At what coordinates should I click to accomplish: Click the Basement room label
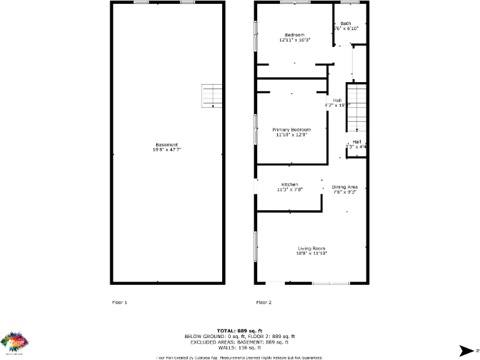click(167, 145)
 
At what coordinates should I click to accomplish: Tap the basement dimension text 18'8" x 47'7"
click(167, 150)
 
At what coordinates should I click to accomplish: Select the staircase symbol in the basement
click(211, 95)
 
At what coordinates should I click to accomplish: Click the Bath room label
click(346, 23)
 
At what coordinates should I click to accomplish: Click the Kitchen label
click(289, 184)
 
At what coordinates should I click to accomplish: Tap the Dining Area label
click(344, 187)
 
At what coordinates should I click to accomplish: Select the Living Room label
click(312, 248)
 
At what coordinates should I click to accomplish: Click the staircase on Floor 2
click(356, 107)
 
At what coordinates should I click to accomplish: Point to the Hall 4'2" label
click(337, 100)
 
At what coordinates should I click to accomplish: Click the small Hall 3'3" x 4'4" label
click(356, 142)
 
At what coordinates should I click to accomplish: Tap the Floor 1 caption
click(119, 302)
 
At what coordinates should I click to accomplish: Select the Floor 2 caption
click(264, 302)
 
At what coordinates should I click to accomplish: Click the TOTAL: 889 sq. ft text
click(239, 330)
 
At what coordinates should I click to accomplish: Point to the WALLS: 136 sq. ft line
click(239, 347)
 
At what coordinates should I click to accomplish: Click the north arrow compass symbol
click(466, 351)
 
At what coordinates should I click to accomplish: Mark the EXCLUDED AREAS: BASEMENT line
click(239, 342)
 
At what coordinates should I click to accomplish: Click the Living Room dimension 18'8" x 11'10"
click(312, 253)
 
